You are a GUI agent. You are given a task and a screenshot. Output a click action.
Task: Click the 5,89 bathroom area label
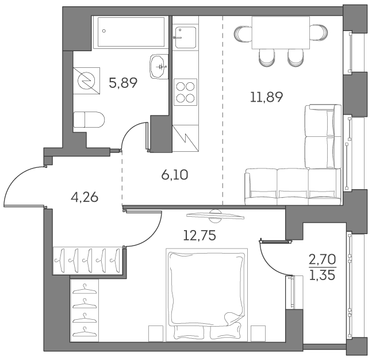coord(122,83)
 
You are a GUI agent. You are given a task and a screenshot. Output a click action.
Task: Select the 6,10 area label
coord(175,175)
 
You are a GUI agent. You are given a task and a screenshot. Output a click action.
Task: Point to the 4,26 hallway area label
coord(84,197)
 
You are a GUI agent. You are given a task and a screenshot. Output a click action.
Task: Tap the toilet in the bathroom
coord(89,120)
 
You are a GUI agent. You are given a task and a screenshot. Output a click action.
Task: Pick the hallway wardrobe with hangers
coord(89,260)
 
